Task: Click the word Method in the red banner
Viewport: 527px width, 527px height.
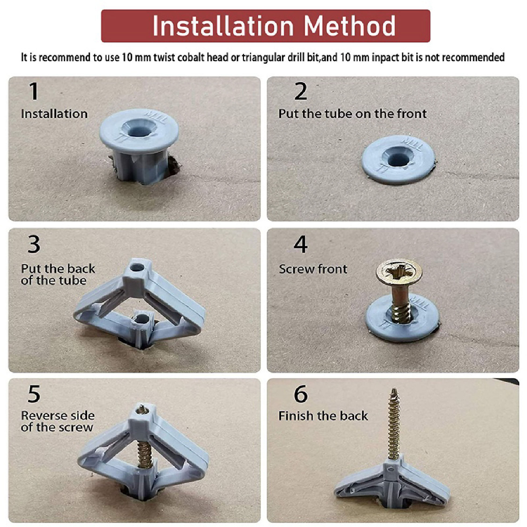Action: pos(349,26)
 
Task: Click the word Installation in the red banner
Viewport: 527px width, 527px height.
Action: pos(223,26)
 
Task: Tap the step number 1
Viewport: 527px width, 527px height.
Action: pos(33,91)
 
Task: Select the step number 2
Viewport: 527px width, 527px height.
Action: pos(301,91)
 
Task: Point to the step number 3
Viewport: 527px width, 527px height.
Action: pos(33,244)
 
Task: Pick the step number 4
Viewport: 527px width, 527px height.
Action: pos(301,244)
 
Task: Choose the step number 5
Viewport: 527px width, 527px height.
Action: pos(34,394)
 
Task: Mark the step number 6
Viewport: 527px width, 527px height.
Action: pos(301,394)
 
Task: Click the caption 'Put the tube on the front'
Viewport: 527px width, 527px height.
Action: pos(353,114)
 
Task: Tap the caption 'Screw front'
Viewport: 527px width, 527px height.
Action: pos(313,269)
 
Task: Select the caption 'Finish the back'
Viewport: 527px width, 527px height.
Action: pos(323,416)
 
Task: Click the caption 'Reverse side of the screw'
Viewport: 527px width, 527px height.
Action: pos(58,421)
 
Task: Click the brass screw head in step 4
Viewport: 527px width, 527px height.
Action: pos(399,273)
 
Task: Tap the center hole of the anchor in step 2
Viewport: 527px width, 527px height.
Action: pos(398,159)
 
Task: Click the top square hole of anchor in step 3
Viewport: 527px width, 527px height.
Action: pos(137,268)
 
